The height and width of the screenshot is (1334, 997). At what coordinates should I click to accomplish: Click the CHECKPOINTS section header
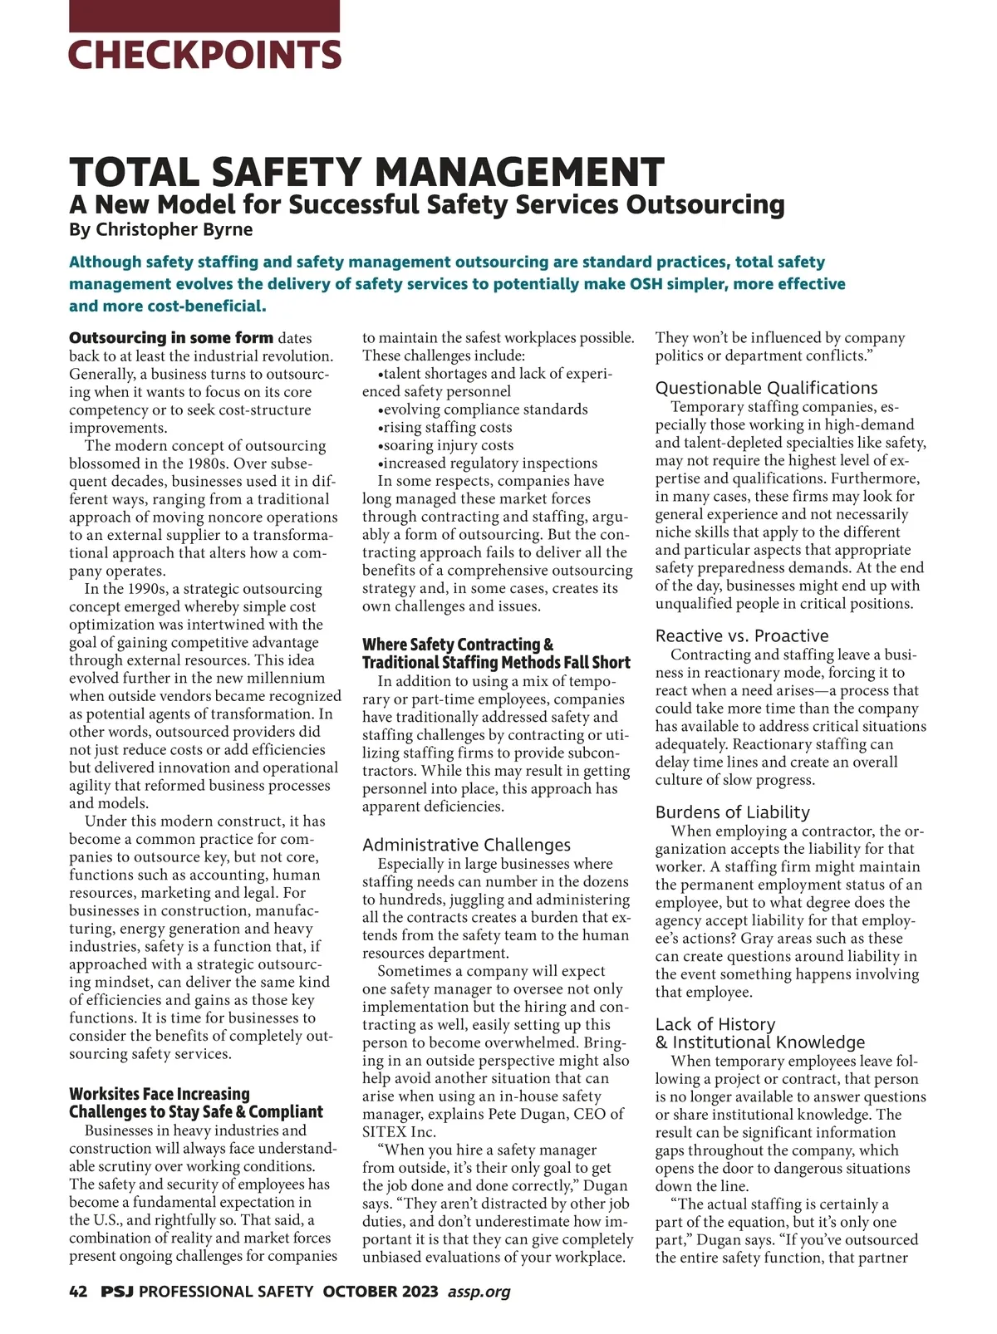coord(204,55)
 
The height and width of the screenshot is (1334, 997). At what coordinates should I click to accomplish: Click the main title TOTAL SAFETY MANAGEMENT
coord(366,172)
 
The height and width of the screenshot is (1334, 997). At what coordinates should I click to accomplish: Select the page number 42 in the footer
coord(78,1292)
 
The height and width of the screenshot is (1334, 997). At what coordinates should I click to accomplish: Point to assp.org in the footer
coord(479,1292)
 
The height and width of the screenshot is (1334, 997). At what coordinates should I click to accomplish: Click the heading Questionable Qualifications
coord(766,388)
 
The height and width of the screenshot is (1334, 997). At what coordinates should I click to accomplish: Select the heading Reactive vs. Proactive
coord(742,635)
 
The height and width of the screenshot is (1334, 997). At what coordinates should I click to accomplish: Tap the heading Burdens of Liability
coord(732,812)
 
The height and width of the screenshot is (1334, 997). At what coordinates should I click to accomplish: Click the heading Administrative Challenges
coord(466,845)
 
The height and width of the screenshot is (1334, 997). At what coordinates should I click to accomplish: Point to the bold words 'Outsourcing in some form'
coord(171,338)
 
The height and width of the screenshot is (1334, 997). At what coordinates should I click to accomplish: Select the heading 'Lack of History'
coord(715,1024)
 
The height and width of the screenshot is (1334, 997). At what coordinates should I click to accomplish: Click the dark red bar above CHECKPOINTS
coord(204,16)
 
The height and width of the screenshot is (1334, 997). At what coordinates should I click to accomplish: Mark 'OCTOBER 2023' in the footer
coord(381,1292)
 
